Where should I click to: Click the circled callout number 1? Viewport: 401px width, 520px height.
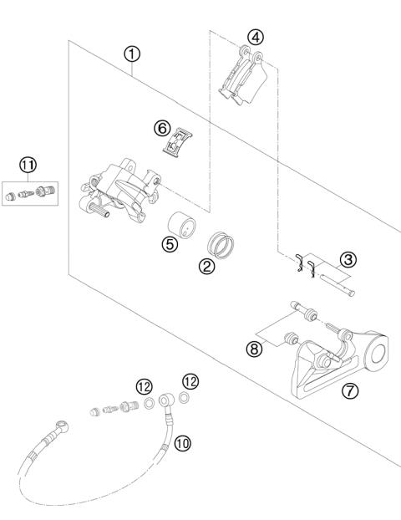[133, 54]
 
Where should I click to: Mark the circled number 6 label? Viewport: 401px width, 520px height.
[162, 128]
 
